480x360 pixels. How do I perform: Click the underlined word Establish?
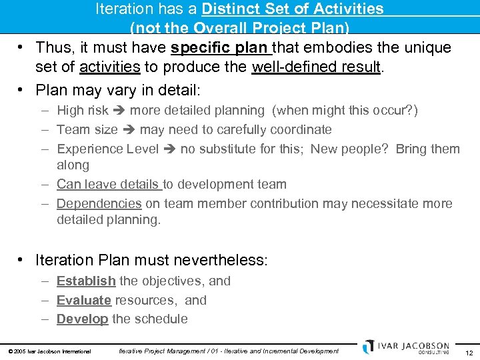(86, 281)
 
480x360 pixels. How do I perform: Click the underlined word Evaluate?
(84, 301)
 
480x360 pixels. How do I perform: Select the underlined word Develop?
(83, 319)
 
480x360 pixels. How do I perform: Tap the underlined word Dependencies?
(99, 204)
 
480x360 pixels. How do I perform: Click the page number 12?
(469, 352)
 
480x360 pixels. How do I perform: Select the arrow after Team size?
(129, 130)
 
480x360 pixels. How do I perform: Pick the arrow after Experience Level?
(170, 149)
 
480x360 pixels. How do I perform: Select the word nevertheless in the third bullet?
(215, 259)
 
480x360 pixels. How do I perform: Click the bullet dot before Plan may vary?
(22, 90)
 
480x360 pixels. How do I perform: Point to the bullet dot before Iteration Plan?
(22, 259)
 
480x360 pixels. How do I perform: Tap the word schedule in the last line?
(160, 319)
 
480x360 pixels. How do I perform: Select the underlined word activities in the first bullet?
(109, 67)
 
